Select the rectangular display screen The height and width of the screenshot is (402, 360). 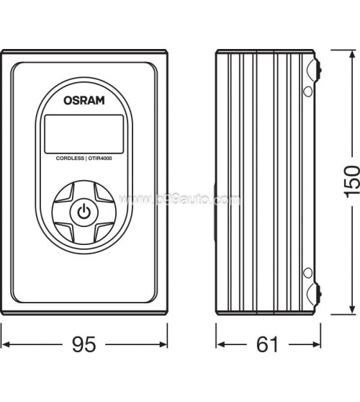(84, 131)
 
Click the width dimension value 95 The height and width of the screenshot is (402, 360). (84, 347)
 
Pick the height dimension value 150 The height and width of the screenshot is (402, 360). (351, 183)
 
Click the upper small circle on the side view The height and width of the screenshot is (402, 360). (307, 91)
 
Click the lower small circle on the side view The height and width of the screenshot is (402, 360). (307, 272)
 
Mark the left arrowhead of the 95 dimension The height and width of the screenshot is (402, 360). (4, 346)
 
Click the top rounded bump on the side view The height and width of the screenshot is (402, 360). (315, 70)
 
